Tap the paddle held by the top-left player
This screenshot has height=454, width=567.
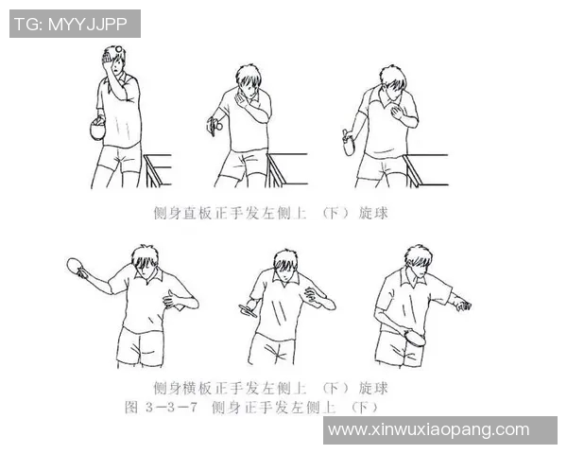tap(94, 129)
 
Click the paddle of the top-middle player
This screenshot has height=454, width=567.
tap(215, 124)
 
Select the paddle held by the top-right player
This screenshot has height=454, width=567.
tap(349, 144)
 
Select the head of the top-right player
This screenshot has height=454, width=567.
tap(393, 81)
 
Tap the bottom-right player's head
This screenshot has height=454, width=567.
tap(417, 261)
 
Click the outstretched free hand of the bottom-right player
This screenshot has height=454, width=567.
tap(462, 305)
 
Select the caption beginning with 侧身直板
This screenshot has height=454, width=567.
tap(270, 214)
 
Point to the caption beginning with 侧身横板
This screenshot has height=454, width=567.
tap(270, 389)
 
